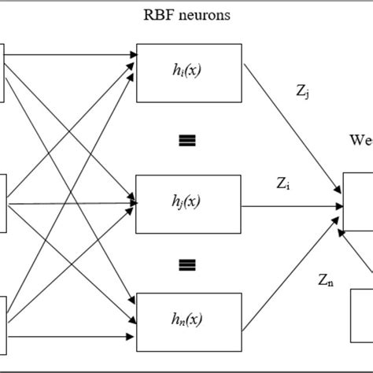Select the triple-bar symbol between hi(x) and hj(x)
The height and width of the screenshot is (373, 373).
pyautogui.click(x=186, y=140)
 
